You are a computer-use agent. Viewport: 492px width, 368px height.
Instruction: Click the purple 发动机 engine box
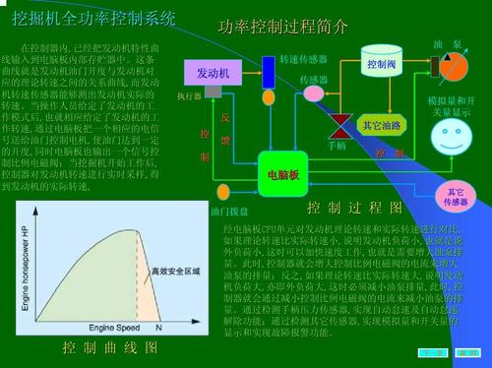click(213, 72)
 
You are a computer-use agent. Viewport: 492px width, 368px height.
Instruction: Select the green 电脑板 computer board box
click(284, 173)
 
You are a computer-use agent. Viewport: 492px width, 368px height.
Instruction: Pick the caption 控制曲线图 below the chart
click(109, 347)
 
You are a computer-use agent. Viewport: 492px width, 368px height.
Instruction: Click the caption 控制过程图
click(355, 208)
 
